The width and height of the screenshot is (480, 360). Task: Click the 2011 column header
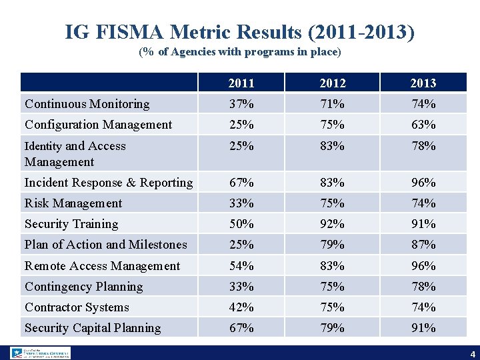pos(241,83)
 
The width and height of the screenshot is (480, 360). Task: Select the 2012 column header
pos(332,83)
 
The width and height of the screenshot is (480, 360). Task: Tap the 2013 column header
pos(423,83)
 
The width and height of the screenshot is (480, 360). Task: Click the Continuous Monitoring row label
pos(87,104)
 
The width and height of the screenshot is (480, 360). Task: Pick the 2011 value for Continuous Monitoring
pos(241,104)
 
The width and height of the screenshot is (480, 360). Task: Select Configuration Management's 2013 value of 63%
pos(423,125)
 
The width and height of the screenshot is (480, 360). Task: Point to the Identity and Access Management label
pos(75,154)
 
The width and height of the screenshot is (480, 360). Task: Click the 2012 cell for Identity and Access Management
pos(332,146)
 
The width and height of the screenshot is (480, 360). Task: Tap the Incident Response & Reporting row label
pos(109,183)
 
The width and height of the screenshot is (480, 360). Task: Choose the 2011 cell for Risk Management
pos(241,203)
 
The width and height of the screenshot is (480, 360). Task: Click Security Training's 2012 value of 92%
pos(332,224)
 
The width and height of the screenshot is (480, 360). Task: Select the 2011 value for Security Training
pos(241,224)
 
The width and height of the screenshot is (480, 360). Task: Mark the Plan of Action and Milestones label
pos(105,245)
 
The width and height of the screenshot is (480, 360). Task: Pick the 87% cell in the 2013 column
pos(423,245)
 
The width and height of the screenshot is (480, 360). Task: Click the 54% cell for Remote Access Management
pos(241,266)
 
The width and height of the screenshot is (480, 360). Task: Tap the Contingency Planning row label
pos(83,287)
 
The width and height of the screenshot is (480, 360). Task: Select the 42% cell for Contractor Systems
pos(241,307)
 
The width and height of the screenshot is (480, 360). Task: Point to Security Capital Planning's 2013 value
pos(423,328)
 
